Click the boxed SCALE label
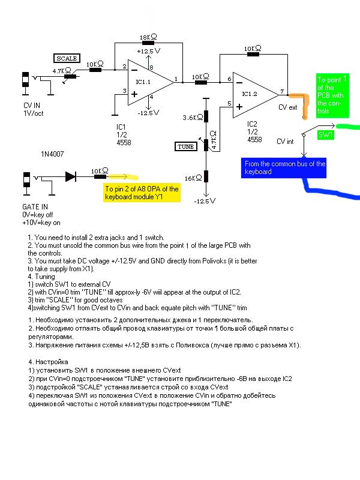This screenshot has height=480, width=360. (66, 58)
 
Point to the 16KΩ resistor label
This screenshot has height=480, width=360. (193, 178)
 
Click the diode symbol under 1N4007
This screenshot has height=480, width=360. (70, 176)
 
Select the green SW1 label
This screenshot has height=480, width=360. (325, 136)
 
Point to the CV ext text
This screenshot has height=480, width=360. (288, 108)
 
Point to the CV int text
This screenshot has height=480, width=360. (286, 142)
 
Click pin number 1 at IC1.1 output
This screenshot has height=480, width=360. (175, 78)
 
